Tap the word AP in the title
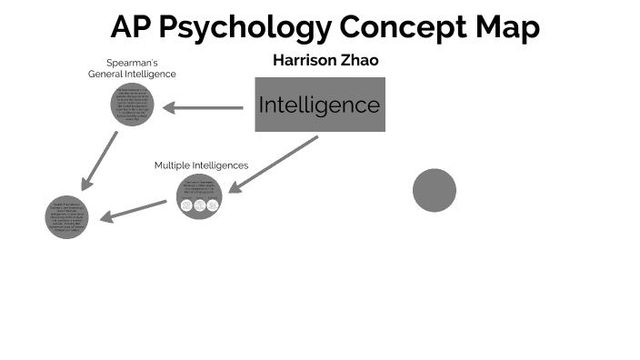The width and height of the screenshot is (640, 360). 131,27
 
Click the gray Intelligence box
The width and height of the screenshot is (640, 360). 319,105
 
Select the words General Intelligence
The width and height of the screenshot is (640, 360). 132,74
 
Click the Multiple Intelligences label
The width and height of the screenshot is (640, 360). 201,165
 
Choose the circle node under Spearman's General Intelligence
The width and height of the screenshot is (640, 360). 133,104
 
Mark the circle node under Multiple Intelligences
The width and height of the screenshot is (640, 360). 199,195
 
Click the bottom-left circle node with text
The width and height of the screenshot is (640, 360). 67,216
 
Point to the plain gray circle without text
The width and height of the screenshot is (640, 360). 434,190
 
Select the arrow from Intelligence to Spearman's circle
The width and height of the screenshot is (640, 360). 204,108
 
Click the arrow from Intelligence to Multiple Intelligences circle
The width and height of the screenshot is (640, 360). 273,165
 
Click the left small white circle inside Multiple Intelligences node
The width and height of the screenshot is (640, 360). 186,205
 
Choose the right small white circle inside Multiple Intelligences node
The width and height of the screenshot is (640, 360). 213,205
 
